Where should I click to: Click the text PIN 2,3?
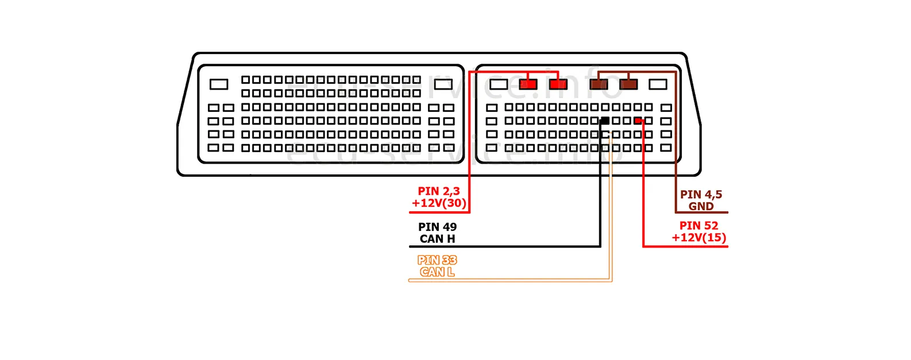click(x=439, y=191)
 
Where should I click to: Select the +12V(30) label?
click(x=439, y=203)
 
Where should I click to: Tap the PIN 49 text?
click(x=437, y=227)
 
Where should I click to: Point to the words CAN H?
click(x=437, y=239)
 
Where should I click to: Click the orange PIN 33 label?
click(x=437, y=260)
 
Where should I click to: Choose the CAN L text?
click(x=437, y=272)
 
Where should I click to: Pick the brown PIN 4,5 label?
click(x=701, y=195)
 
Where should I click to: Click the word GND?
click(x=701, y=206)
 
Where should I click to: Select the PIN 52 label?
click(x=698, y=226)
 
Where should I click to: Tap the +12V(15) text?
click(x=698, y=238)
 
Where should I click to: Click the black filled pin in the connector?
click(x=604, y=121)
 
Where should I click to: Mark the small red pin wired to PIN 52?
click(x=638, y=121)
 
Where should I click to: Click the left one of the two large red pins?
click(x=528, y=84)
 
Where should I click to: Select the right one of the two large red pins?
click(x=558, y=84)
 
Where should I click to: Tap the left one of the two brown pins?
click(x=599, y=84)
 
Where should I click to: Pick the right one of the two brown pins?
click(x=628, y=84)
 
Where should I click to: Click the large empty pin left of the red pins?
click(x=498, y=84)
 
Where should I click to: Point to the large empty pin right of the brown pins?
click(x=658, y=84)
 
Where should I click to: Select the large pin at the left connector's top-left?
click(x=219, y=84)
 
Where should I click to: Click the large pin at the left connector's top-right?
click(x=443, y=84)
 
